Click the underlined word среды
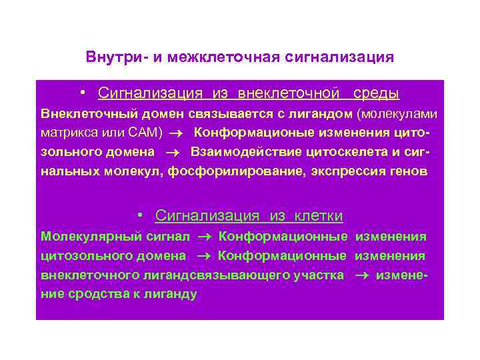377,93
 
